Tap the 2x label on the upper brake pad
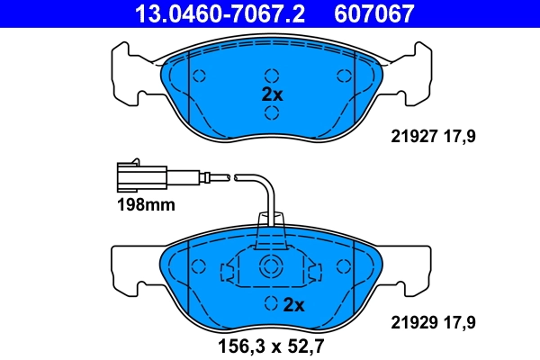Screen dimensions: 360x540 272,94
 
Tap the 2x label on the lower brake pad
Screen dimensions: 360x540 294,304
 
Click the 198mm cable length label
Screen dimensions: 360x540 144,205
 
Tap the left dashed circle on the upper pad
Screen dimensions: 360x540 200,76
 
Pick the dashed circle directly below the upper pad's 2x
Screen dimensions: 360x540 271,112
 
